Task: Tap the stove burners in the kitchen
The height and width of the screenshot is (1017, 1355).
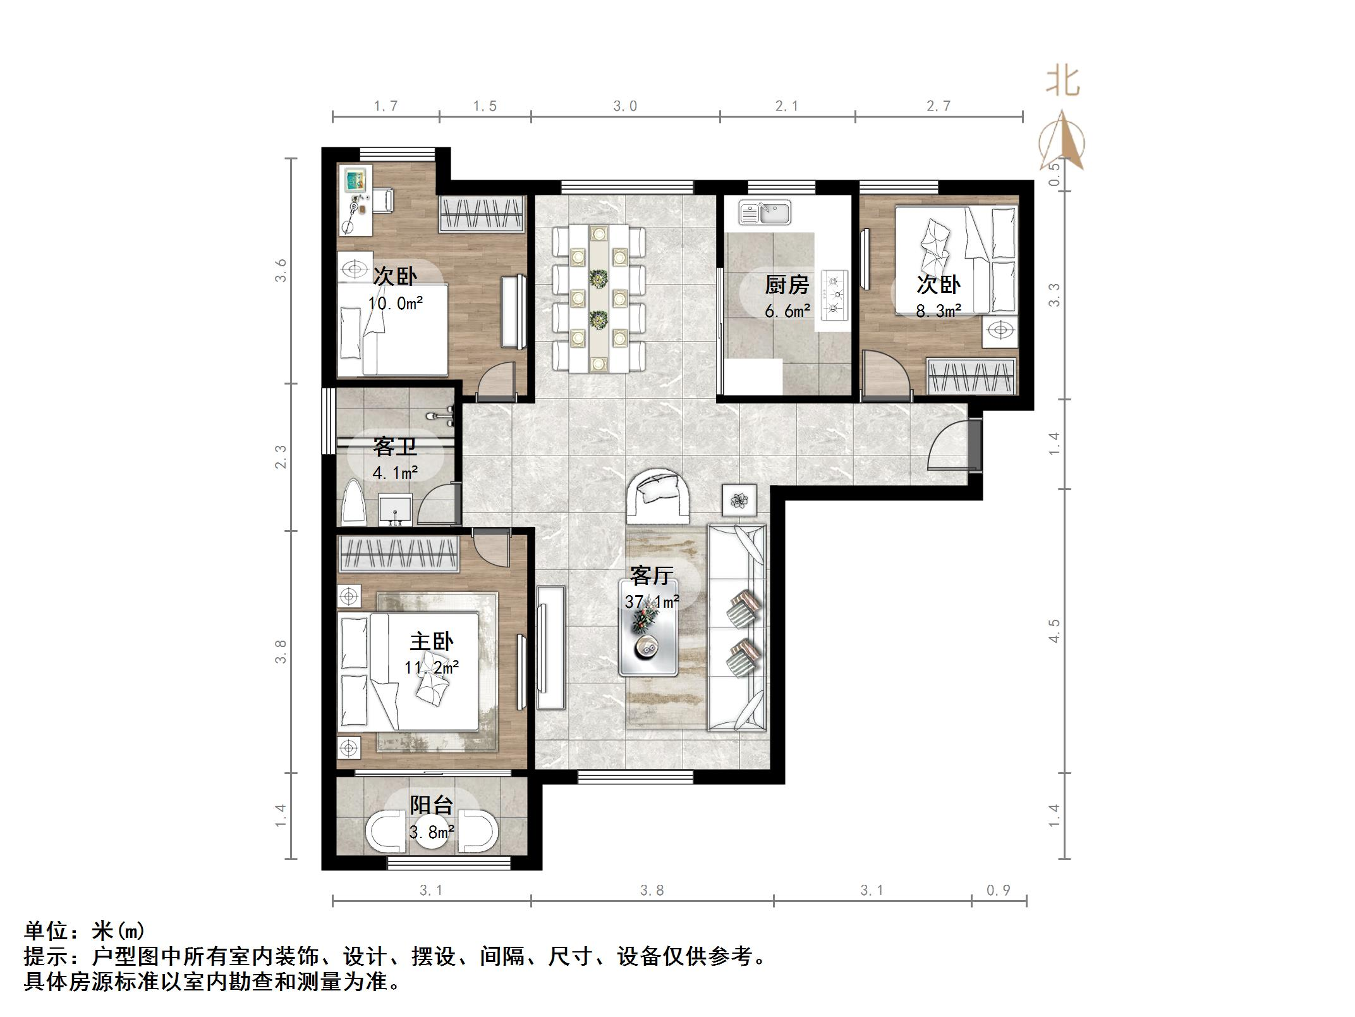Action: coord(835,293)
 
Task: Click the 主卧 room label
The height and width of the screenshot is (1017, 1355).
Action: coord(432,642)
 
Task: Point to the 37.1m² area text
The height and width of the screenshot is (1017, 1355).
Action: coord(652,601)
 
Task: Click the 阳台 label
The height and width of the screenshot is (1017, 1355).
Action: coord(432,805)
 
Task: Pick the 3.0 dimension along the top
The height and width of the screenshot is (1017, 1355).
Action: coord(625,106)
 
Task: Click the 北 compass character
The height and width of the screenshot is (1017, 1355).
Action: coord(1063,82)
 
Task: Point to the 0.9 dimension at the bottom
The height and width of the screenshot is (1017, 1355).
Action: coord(999,891)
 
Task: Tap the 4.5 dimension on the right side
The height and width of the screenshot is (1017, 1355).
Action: coord(1054,631)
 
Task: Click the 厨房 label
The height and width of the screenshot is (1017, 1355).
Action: coord(787,285)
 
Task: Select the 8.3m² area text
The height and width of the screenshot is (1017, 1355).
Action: coord(939,311)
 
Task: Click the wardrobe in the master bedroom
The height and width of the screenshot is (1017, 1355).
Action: coord(398,555)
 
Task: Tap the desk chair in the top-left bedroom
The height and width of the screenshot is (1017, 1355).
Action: coord(382,200)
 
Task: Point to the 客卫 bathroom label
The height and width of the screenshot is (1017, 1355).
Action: coord(395,447)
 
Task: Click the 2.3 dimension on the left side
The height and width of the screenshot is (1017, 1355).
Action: coord(281,457)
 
